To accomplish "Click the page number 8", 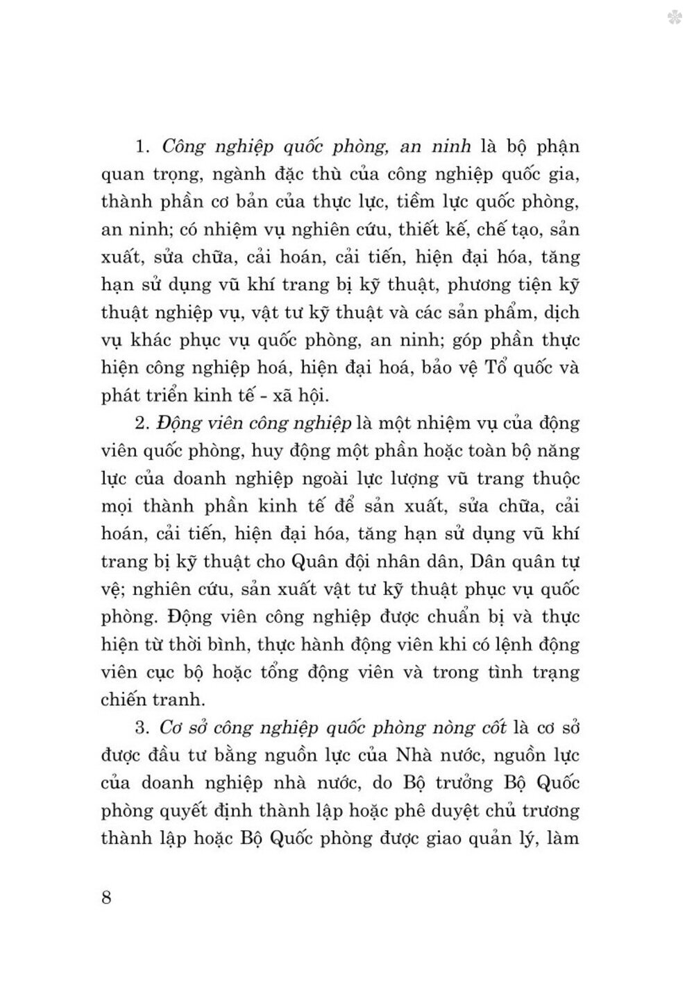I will point(106,897).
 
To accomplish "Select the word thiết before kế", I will point(412,230).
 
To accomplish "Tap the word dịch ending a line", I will point(562,312).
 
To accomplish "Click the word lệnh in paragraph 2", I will point(500,644).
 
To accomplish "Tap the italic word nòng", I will point(439,727).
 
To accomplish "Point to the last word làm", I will point(562,838).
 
